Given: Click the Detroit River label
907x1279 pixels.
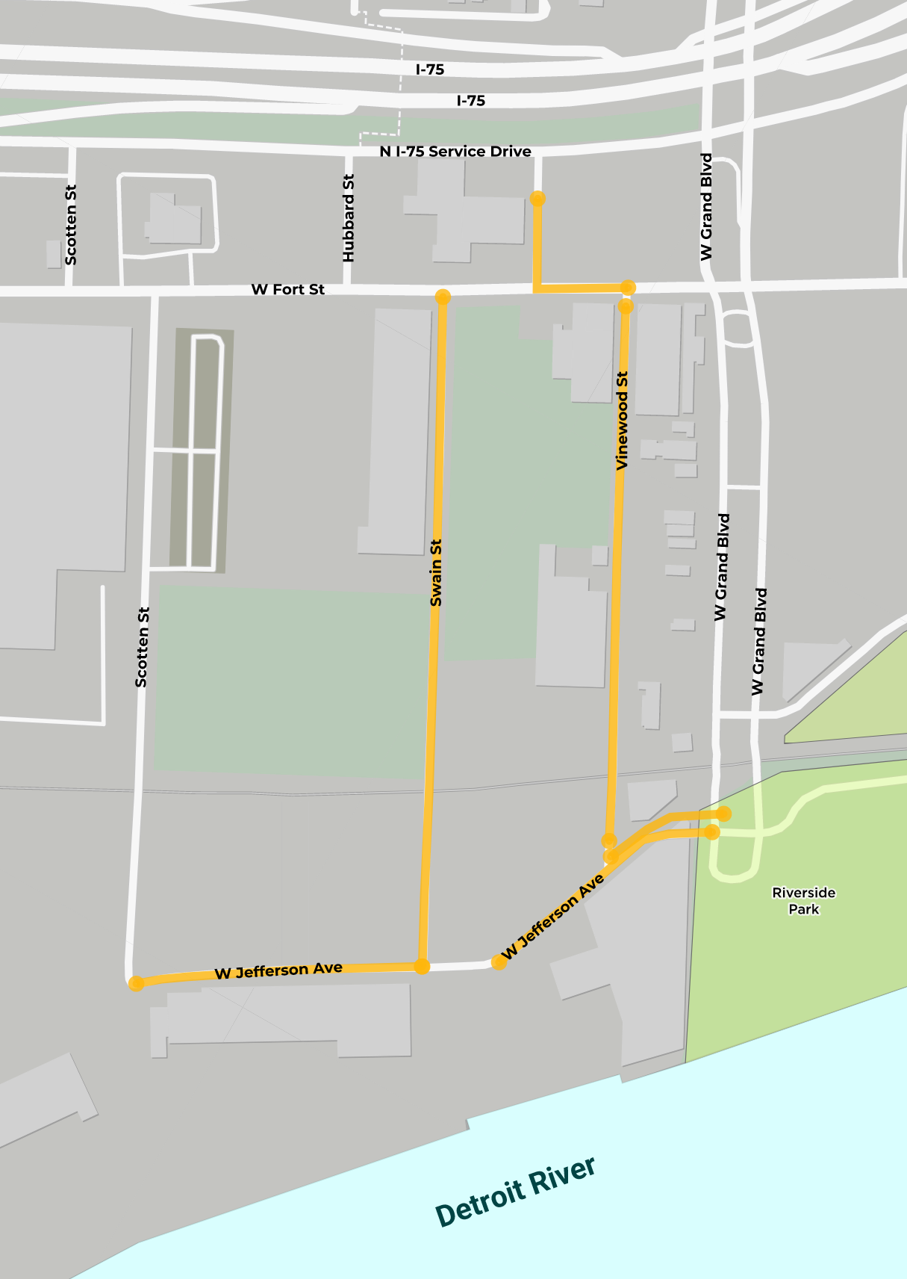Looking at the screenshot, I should (x=515, y=1192).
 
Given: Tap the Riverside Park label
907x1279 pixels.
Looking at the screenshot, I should (x=804, y=900).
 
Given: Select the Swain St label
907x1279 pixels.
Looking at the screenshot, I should (x=437, y=572).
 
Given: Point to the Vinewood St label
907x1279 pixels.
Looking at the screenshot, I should (x=622, y=421).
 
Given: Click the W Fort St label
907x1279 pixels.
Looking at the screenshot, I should (x=288, y=289).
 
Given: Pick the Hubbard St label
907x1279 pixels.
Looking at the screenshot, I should (x=349, y=218).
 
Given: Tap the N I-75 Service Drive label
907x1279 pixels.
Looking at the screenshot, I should (x=455, y=152).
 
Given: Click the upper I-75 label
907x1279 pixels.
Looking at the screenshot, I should (x=430, y=69).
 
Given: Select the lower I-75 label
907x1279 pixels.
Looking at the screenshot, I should (x=471, y=100).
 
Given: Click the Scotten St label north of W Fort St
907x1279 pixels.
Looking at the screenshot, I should (x=71, y=225).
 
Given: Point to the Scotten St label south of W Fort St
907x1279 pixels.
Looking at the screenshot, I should (x=142, y=647).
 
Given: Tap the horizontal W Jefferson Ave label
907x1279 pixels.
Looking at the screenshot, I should (x=278, y=970).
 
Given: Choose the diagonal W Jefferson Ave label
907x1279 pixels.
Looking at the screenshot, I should (x=552, y=917).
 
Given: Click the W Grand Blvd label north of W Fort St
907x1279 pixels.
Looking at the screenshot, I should (x=706, y=207).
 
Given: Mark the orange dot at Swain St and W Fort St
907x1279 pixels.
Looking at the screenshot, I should (x=443, y=297).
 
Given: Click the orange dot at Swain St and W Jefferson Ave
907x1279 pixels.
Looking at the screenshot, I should (x=422, y=967).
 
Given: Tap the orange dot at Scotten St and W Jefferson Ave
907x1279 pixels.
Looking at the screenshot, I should (x=136, y=983).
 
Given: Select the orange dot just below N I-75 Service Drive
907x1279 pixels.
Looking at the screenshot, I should (x=537, y=199).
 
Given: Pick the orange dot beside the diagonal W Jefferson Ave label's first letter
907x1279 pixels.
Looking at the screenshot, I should (x=499, y=962).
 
